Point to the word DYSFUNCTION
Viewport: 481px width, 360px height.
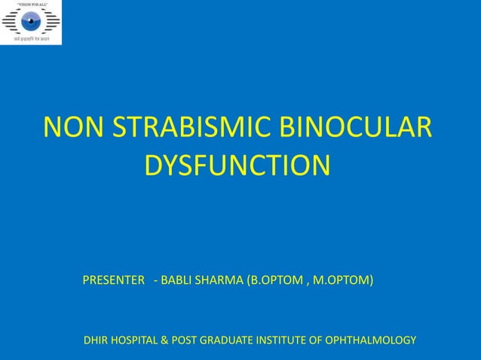pyautogui.click(x=237, y=165)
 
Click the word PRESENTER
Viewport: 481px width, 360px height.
pyautogui.click(x=113, y=281)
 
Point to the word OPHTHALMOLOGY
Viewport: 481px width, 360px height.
pyautogui.click(x=375, y=340)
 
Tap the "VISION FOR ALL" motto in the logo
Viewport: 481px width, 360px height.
pyautogui.click(x=31, y=4)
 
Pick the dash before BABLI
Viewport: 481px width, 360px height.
pyautogui.click(x=155, y=281)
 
